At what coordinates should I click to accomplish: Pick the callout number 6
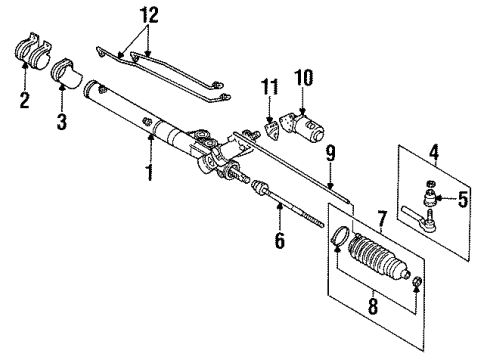[x=280, y=241]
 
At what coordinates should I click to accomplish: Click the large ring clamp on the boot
[x=338, y=238]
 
